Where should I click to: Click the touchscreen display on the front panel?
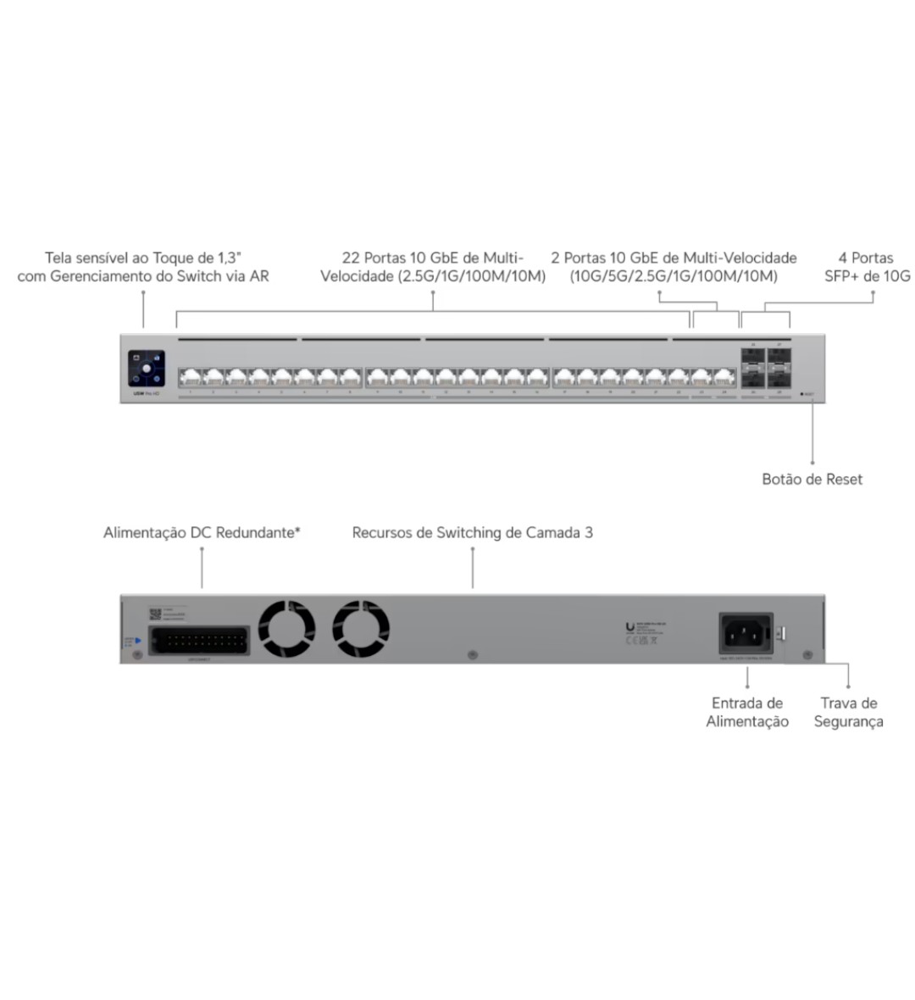147,369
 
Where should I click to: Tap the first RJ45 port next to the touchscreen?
190,377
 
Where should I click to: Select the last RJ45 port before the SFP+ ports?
724,377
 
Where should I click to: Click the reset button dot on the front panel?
801,394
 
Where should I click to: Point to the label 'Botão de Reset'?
812,479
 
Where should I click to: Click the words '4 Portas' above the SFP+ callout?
866,258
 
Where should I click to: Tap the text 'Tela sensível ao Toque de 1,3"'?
143,258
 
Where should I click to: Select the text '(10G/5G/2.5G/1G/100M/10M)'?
674,276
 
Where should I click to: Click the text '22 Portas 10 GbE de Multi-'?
433,258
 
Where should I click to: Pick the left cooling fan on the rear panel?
286,629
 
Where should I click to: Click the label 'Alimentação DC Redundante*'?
202,533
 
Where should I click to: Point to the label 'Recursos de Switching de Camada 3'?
472,533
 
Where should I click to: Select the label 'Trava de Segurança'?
848,712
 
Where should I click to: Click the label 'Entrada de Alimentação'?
747,712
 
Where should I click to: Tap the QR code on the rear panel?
155,614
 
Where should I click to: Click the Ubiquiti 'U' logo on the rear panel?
629,628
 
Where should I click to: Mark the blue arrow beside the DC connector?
137,641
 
